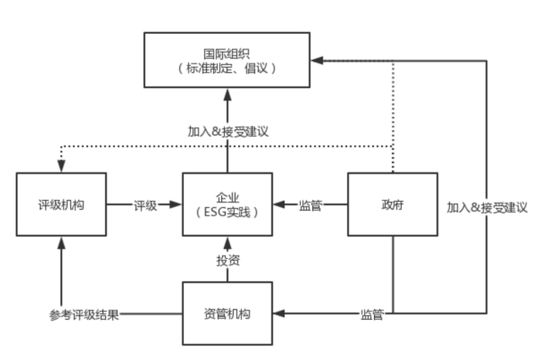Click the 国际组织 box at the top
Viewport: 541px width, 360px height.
226,59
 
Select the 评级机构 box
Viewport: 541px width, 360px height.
61,205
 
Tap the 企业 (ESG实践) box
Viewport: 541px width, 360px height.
226,205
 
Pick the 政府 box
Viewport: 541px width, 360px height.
392,205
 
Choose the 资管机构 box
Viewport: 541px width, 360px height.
226,314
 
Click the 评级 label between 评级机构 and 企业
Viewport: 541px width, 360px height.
145,205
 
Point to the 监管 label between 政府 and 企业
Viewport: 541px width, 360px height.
311,205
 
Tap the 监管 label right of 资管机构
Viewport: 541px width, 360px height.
373,314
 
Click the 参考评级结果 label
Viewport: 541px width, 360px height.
85,314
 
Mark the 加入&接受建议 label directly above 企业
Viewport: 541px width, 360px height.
227,130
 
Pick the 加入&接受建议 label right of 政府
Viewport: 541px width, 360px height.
487,207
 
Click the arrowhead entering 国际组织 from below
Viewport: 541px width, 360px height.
227,93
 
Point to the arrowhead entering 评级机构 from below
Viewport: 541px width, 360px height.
61,242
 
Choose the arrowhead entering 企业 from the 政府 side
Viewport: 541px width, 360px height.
279,205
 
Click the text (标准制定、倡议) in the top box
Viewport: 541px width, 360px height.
226,68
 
